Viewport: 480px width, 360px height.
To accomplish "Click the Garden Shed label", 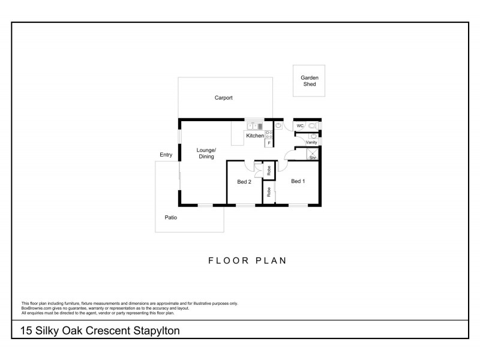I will [x=310, y=81].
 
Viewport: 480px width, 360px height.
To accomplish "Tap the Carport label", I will [x=223, y=98].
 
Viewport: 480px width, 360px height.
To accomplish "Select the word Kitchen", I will [x=254, y=136].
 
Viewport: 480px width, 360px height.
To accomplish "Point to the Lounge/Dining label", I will [x=206, y=153].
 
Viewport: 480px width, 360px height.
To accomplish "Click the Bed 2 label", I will [x=244, y=182].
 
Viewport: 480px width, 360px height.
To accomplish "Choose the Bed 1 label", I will [x=298, y=181].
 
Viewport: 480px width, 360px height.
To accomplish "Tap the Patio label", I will [x=170, y=218].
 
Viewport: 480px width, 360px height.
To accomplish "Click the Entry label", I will [x=166, y=155].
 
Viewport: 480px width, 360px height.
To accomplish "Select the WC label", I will [x=300, y=126].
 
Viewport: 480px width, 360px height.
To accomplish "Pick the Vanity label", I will [x=311, y=143].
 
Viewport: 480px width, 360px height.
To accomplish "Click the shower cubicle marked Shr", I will [x=312, y=155].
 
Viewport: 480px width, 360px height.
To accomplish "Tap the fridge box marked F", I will [x=269, y=143].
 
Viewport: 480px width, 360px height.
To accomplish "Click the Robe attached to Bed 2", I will [x=269, y=169].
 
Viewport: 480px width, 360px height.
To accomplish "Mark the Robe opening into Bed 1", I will [x=269, y=193].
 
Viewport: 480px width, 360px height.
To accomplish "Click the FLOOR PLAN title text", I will [x=247, y=261].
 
